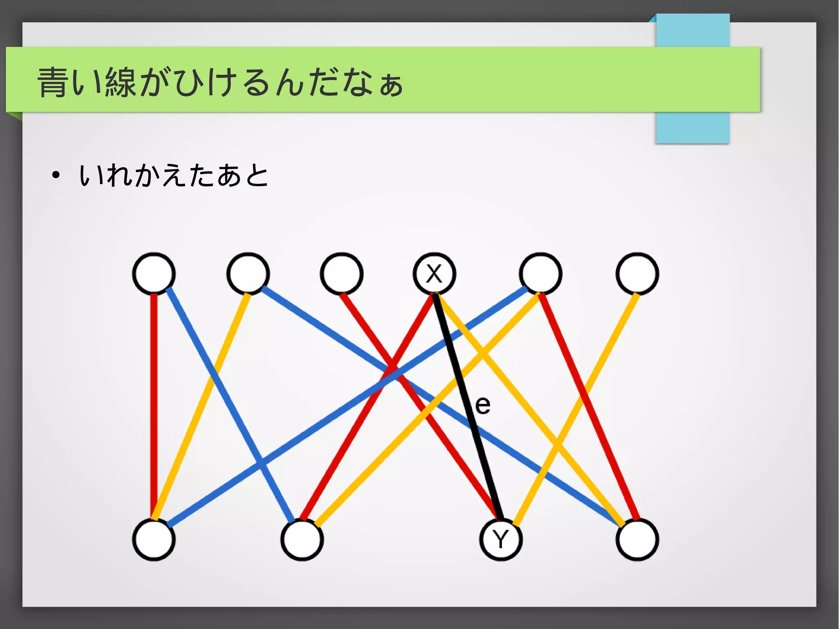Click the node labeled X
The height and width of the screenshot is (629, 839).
click(x=434, y=273)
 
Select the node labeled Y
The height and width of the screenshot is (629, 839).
click(x=501, y=539)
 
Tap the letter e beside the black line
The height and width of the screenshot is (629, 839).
click(x=483, y=406)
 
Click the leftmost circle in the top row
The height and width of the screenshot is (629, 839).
click(x=154, y=273)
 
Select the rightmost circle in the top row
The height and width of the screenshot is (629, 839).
click(x=637, y=273)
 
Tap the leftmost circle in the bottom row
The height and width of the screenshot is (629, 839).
click(x=154, y=539)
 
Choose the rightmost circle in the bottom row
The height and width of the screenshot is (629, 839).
click(x=637, y=539)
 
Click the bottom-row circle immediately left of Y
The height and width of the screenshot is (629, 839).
click(x=302, y=539)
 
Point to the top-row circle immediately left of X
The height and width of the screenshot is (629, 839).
click(x=341, y=273)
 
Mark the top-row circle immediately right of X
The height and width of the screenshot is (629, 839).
click(x=540, y=273)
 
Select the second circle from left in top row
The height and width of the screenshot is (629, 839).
click(x=248, y=273)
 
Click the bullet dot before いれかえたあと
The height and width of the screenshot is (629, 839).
click(x=56, y=176)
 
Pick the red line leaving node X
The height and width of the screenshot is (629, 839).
click(x=369, y=406)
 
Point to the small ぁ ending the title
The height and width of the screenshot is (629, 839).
click(x=391, y=86)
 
